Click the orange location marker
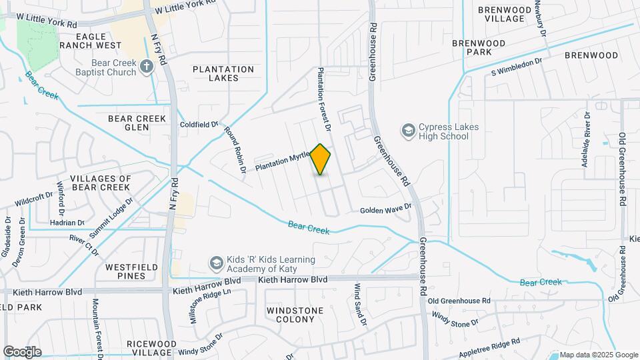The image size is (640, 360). tap(321, 159)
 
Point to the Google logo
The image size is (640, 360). tap(22, 351)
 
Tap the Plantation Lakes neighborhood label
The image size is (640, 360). tap(223, 73)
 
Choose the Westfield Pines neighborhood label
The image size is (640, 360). tap(125, 271)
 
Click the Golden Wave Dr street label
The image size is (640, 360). tap(386, 209)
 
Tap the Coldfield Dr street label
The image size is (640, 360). tap(199, 125)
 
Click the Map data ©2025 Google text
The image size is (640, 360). tap(598, 354)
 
